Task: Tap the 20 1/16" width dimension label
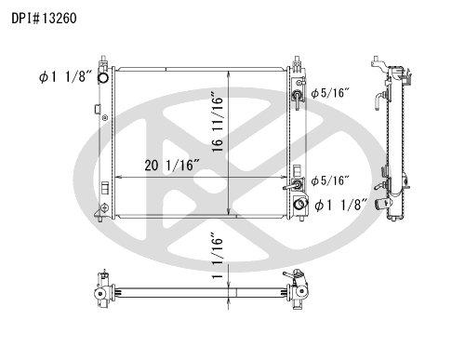pos(174,166)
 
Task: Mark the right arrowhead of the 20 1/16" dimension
pos(286,176)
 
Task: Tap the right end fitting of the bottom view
pos(299,292)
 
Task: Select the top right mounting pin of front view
pos(298,60)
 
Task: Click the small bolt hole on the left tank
pos(104,118)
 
